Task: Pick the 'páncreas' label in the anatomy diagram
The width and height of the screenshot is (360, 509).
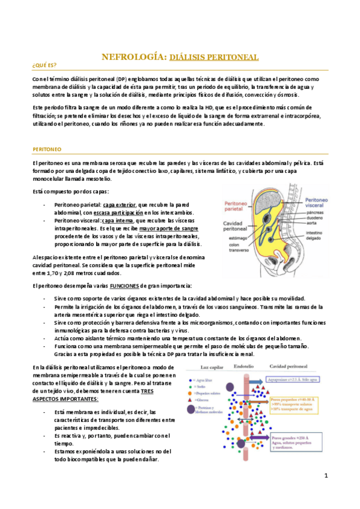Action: (x=316, y=211)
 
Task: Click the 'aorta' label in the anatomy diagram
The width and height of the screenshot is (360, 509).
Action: (x=311, y=221)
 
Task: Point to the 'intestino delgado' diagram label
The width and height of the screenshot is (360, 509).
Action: (x=316, y=235)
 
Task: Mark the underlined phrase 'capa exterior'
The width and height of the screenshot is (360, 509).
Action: (x=118, y=205)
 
